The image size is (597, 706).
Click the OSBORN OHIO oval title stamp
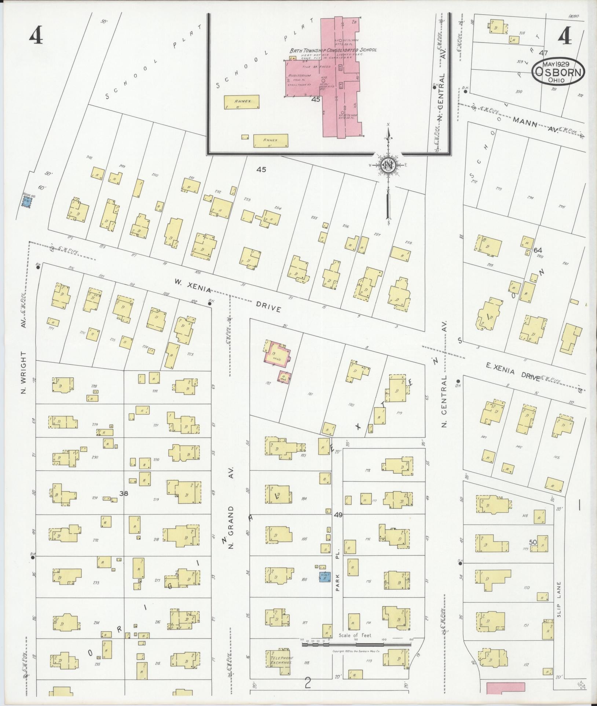pyautogui.click(x=558, y=72)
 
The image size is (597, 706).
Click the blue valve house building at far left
pyautogui.click(x=26, y=202)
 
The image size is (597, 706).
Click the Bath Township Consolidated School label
pyautogui.click(x=333, y=51)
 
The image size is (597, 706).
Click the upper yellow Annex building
pyautogui.click(x=242, y=102)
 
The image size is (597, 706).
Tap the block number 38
pyautogui.click(x=124, y=494)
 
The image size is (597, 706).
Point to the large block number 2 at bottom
pyautogui.click(x=308, y=683)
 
